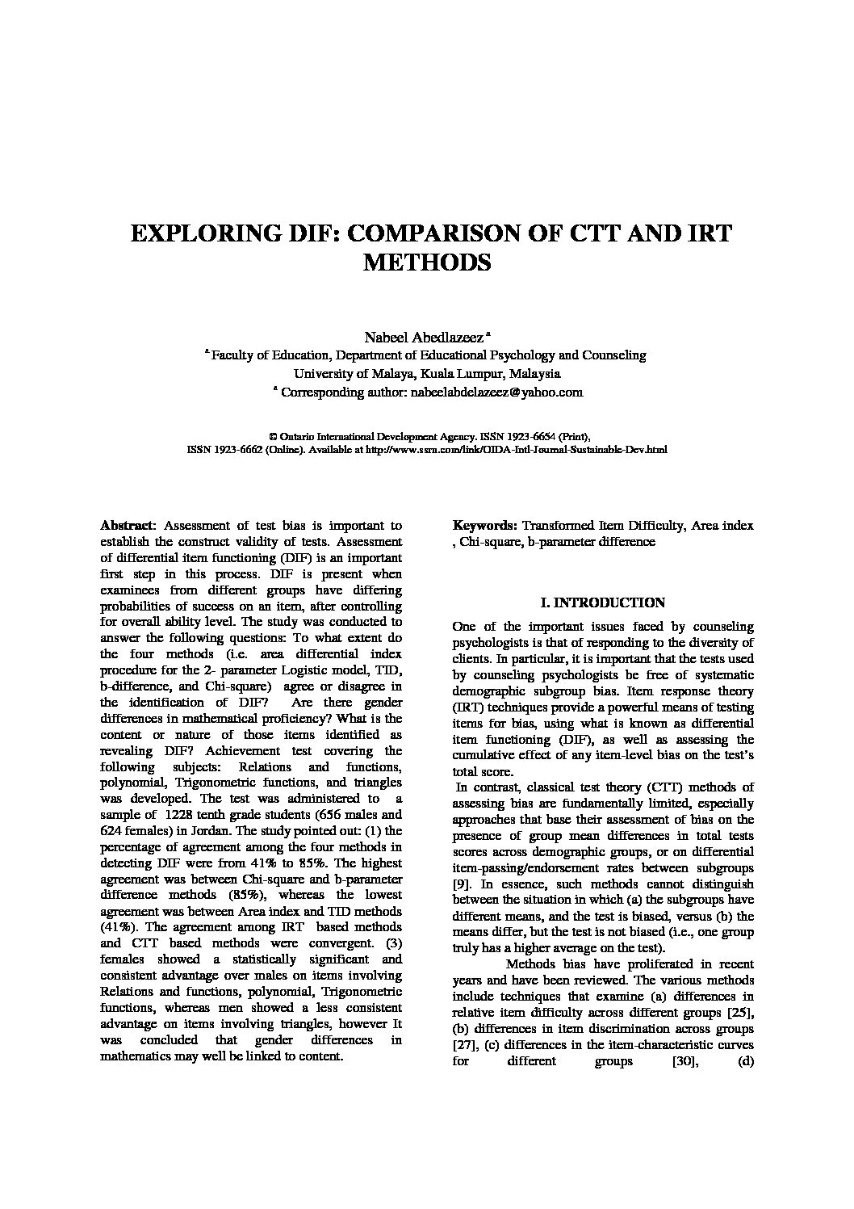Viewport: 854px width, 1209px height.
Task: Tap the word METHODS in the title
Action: [x=428, y=263]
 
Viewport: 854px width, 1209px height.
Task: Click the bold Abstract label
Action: [x=125, y=526]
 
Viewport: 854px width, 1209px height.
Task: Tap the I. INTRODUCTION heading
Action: [x=602, y=602]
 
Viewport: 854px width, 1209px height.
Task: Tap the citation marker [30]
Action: [x=684, y=1060]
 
